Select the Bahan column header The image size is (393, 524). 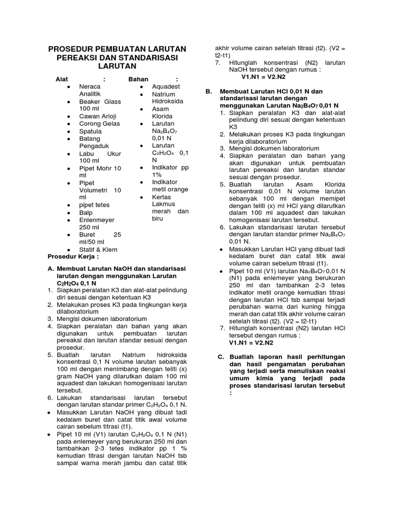click(138, 79)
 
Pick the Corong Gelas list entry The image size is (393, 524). click(99, 124)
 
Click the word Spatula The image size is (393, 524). click(90, 132)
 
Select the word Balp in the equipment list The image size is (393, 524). click(86, 212)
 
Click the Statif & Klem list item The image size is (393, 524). click(98, 250)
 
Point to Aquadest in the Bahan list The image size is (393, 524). click(166, 87)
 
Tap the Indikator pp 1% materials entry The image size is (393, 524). click(164, 171)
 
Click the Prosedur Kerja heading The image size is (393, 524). click(73, 256)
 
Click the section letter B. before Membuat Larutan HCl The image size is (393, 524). click(209, 91)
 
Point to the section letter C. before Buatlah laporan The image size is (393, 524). click(221, 357)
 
